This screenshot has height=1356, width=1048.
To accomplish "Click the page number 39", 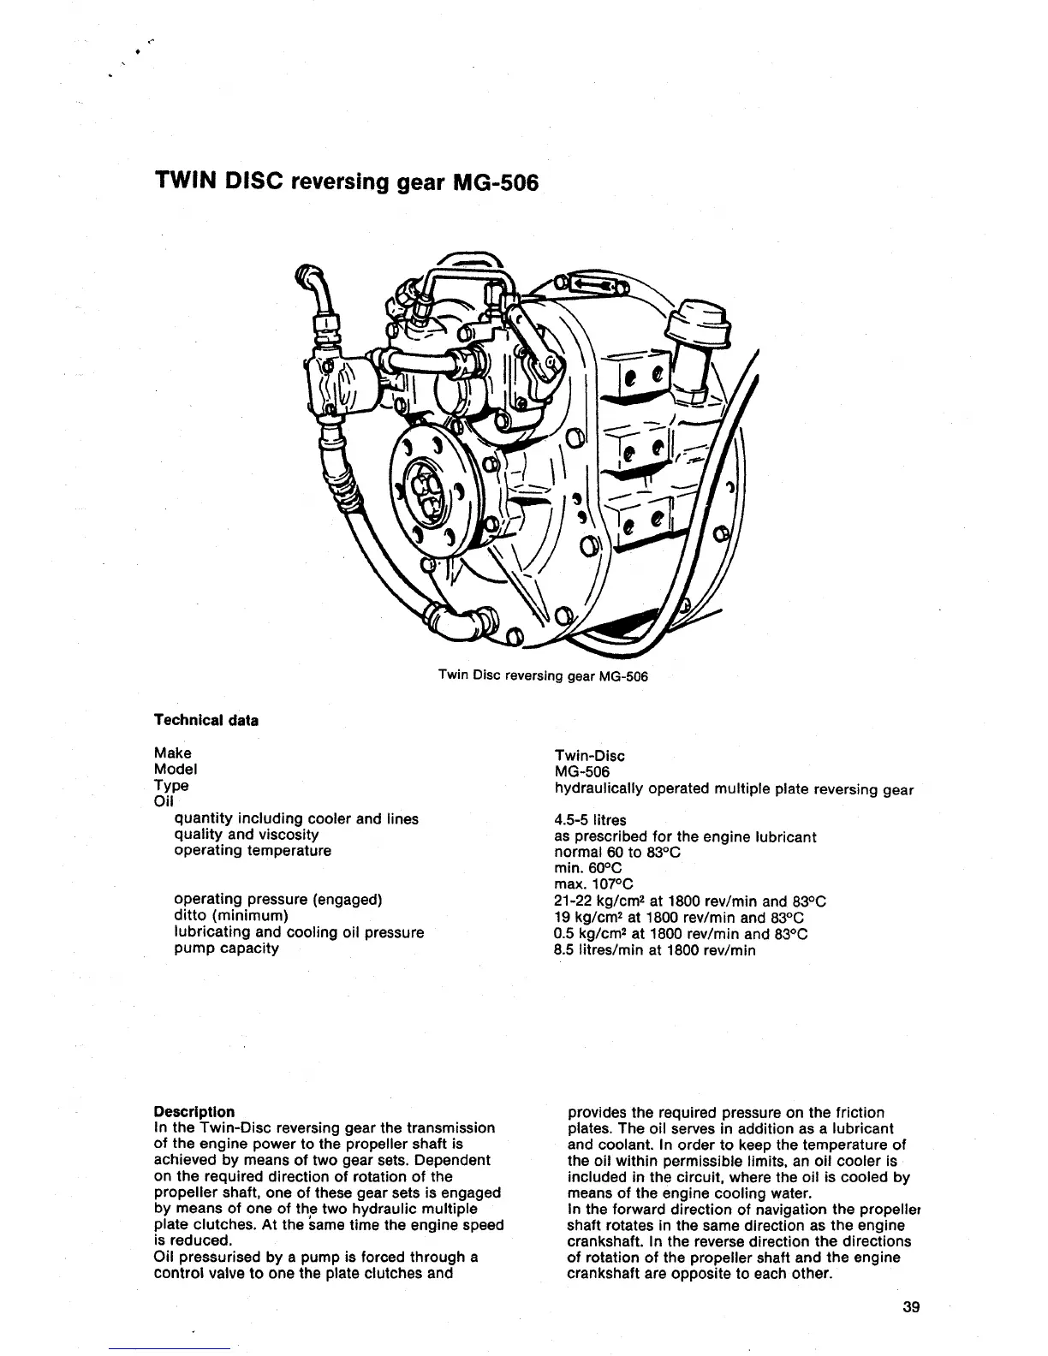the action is click(910, 1307).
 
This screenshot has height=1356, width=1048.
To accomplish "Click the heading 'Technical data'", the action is click(205, 720).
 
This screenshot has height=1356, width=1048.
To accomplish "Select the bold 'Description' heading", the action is click(194, 1112).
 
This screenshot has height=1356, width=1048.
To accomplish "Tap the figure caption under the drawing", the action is click(543, 676).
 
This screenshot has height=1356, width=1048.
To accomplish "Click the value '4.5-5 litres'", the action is click(590, 820).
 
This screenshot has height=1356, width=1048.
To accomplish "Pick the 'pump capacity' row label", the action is click(226, 949).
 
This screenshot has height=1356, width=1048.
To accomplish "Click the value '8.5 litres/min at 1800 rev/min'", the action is click(655, 950).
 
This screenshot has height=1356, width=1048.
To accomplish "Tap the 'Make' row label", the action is click(172, 753).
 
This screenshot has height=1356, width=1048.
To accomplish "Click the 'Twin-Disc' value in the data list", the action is click(589, 756).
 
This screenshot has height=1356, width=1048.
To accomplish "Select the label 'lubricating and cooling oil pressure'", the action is click(299, 932).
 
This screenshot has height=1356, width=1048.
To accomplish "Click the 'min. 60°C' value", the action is click(588, 868).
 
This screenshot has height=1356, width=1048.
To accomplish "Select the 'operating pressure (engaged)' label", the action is click(277, 900).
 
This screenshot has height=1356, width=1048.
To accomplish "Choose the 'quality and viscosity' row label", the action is click(247, 835).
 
